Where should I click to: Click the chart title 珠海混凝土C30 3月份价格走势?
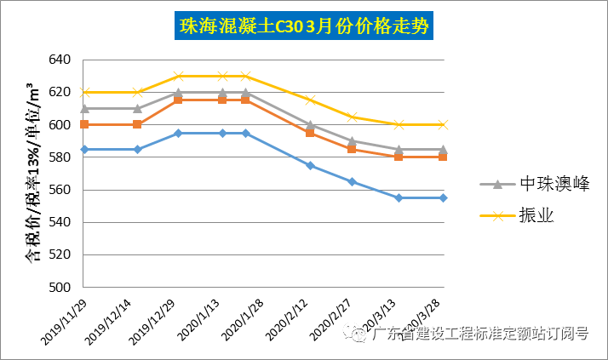tap(304, 26)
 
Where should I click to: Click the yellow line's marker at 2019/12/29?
tap(179, 76)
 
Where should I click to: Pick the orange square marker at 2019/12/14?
tap(137, 124)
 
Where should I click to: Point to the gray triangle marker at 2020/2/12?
tap(310, 124)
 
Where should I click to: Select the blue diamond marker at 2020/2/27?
tap(353, 181)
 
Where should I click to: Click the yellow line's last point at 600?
tap(443, 124)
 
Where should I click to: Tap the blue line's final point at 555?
tap(443, 197)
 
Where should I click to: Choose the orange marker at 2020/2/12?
tap(310, 133)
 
